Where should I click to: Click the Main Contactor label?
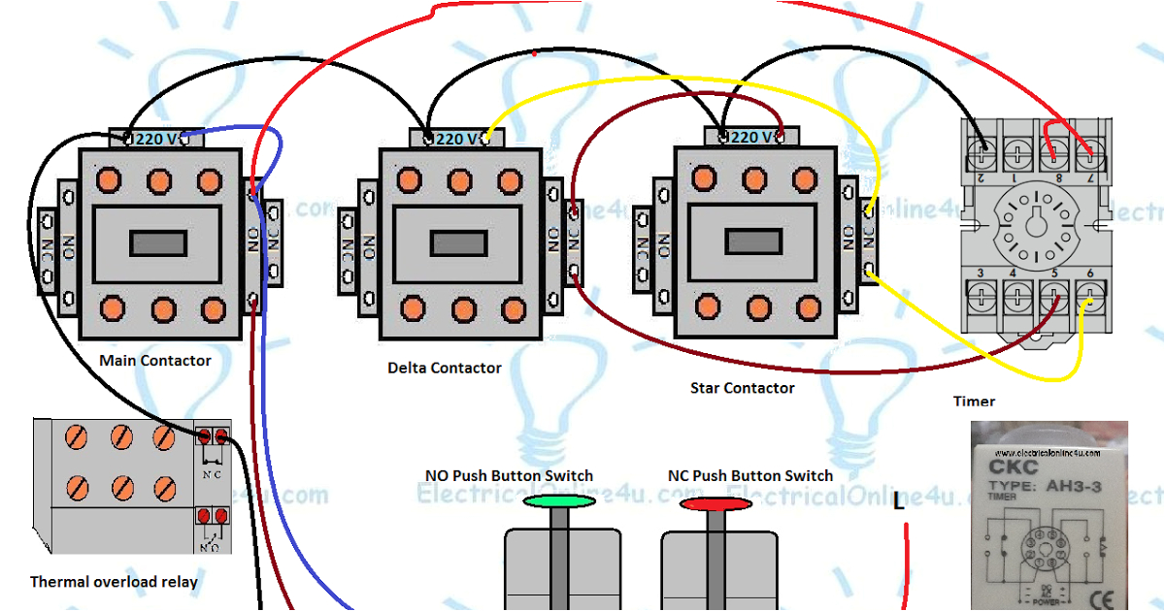[155, 361]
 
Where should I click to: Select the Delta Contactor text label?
[445, 369]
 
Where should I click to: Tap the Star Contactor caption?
[742, 388]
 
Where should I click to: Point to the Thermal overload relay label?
[114, 582]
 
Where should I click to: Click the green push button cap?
[559, 501]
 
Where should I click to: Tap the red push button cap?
[716, 503]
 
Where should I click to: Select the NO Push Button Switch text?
[509, 476]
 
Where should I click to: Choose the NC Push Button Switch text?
[749, 476]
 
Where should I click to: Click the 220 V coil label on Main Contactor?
[157, 139]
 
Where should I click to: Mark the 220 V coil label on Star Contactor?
[750, 138]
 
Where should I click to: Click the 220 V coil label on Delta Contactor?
[456, 139]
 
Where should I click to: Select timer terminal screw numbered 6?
[1091, 294]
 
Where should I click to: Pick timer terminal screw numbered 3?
[983, 294]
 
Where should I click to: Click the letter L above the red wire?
[899, 502]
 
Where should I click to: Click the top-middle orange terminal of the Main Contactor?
[158, 180]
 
